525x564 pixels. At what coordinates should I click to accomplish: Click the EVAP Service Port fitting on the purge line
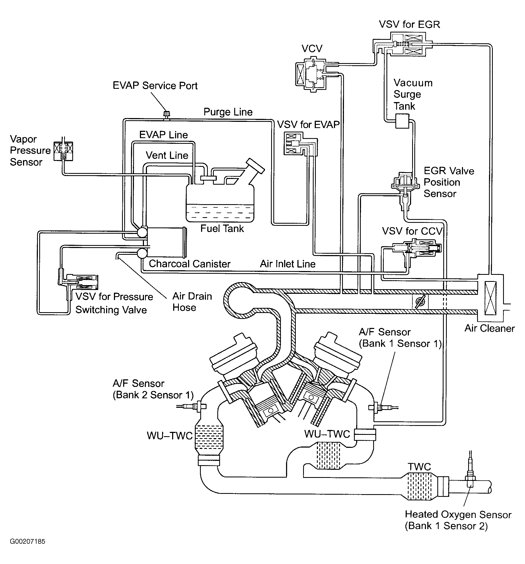(x=166, y=115)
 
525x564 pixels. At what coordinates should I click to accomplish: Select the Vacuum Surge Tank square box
(x=402, y=121)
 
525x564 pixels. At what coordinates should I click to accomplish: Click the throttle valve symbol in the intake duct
(x=420, y=301)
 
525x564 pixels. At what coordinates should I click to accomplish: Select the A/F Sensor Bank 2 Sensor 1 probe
(x=191, y=406)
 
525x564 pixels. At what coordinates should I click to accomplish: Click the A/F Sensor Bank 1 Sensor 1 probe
(x=383, y=408)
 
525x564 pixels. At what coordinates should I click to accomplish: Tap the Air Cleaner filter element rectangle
(x=490, y=298)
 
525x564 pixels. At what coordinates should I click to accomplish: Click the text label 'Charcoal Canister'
(x=190, y=264)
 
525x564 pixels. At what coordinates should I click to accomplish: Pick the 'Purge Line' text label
(x=228, y=112)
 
